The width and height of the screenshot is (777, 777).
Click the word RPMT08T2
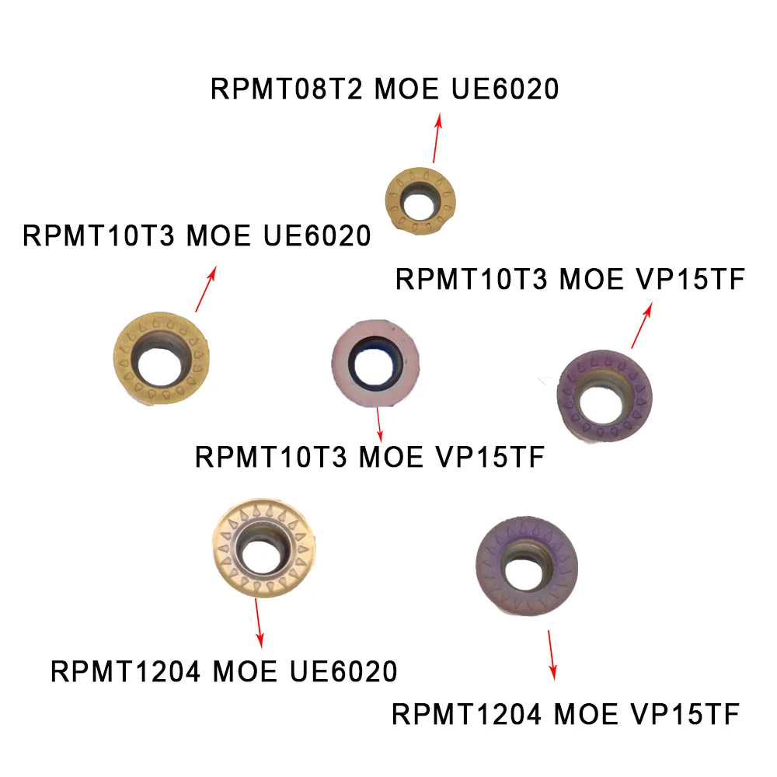click(287, 89)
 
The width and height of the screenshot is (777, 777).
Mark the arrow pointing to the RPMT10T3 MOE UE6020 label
click(205, 289)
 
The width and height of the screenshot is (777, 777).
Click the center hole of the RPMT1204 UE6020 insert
click(260, 552)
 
